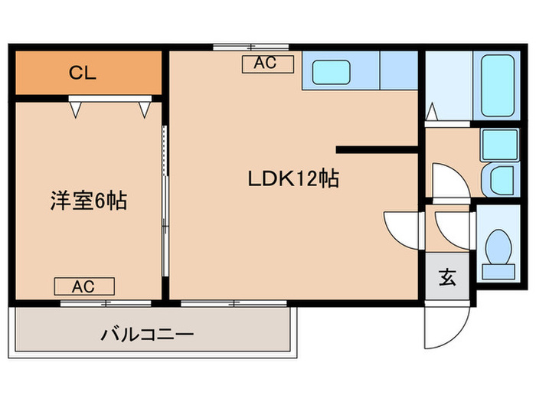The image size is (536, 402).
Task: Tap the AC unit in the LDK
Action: [267, 64]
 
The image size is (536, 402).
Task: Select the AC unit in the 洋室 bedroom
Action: [83, 286]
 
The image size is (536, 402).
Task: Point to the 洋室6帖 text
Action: [88, 201]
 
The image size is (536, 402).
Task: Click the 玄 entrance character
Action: [447, 277]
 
